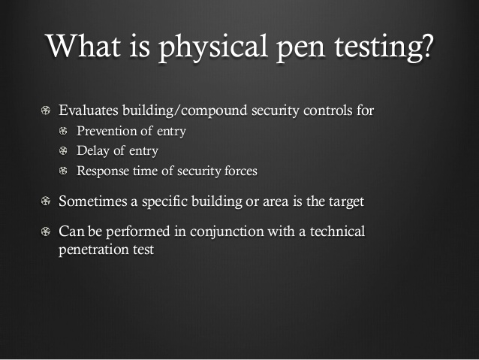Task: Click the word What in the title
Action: [x=83, y=46]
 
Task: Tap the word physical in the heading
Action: [x=213, y=48]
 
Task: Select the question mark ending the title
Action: [x=426, y=46]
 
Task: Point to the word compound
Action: [x=214, y=111]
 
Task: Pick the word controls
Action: [x=328, y=110]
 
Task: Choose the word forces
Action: [x=241, y=171]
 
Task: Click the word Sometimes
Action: [x=93, y=201]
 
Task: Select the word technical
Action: [x=337, y=231]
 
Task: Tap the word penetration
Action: [x=94, y=250]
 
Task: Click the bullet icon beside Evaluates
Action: [x=46, y=110]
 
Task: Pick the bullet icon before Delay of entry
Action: [x=63, y=151]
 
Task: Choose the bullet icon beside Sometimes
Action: [x=46, y=201]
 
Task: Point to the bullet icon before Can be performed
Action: [x=46, y=231]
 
